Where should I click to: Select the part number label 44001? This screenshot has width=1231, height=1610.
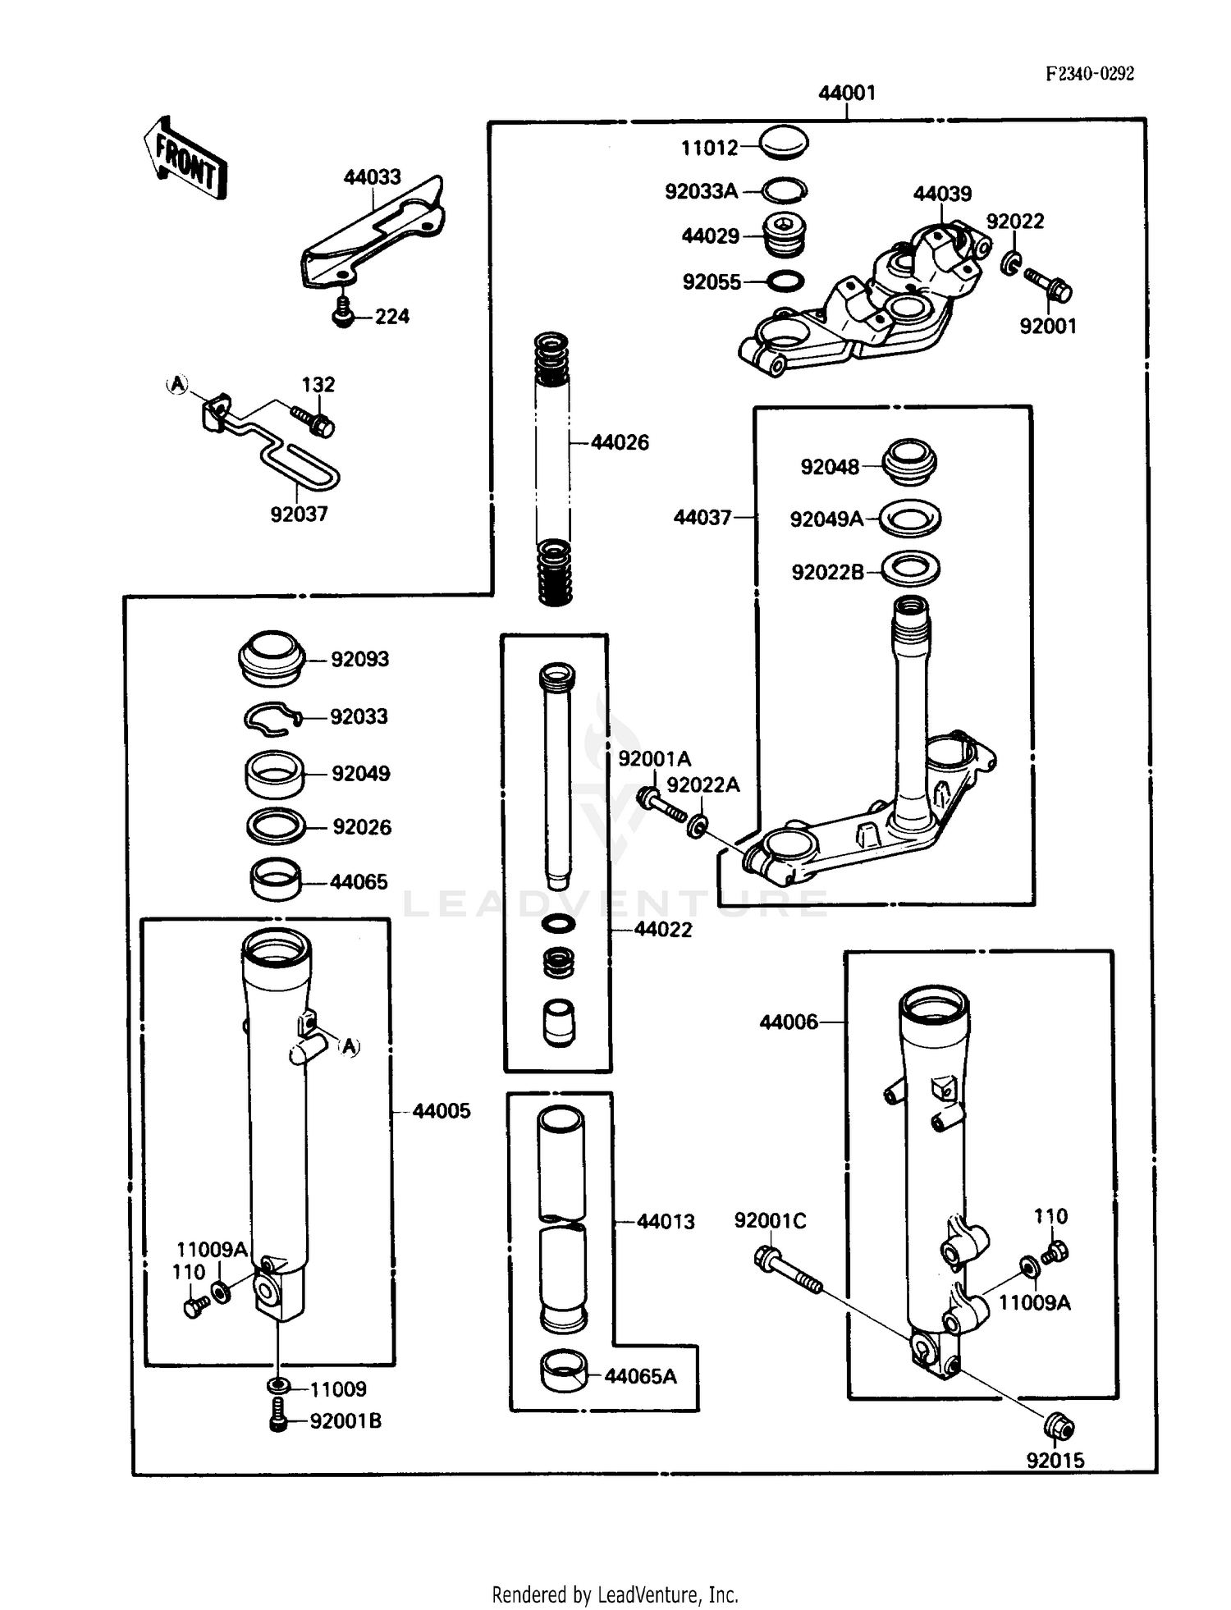pyautogui.click(x=847, y=93)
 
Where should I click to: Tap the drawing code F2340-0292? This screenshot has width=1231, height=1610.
pyautogui.click(x=1090, y=74)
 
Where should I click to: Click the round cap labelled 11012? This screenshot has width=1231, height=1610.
pyautogui.click(x=783, y=143)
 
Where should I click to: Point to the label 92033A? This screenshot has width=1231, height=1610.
pyautogui.click(x=701, y=192)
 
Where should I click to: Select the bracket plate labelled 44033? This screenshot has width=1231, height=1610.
pyautogui.click(x=373, y=231)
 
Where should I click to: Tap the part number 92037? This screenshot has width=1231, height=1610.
pyautogui.click(x=299, y=515)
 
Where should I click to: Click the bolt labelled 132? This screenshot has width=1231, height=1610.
pyautogui.click(x=314, y=421)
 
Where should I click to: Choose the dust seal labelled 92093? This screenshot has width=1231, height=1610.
pyautogui.click(x=272, y=658)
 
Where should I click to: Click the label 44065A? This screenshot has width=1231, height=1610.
pyautogui.click(x=640, y=1376)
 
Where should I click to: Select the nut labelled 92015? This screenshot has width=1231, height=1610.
pyautogui.click(x=1059, y=1428)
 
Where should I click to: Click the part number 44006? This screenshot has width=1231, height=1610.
pyautogui.click(x=788, y=1022)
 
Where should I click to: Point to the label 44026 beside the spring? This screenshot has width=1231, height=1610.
pyautogui.click(x=620, y=443)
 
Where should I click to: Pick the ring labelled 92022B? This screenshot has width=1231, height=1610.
pyautogui.click(x=910, y=569)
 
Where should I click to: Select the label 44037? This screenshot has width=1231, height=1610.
pyautogui.click(x=702, y=518)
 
